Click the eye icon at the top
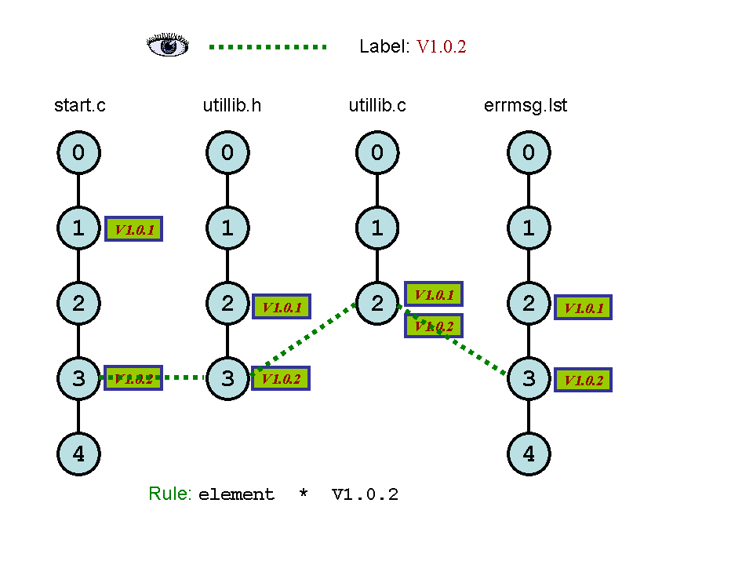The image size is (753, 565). [168, 46]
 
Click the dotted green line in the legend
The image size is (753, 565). [267, 47]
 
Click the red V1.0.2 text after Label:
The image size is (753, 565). [441, 47]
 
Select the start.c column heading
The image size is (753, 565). [79, 105]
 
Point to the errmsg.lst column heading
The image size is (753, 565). [526, 105]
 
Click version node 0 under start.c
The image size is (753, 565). [78, 152]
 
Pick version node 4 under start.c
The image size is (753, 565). [78, 454]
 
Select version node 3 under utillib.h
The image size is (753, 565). [227, 378]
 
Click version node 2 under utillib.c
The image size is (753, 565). [377, 303]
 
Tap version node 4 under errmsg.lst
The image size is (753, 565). [529, 454]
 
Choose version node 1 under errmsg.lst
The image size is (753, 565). [529, 228]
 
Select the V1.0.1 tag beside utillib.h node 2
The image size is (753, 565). [282, 306]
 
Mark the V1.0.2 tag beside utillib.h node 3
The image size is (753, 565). [282, 378]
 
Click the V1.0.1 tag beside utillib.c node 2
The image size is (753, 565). [434, 294]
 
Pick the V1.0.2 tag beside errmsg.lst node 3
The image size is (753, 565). [583, 380]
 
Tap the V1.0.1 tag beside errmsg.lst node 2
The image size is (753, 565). [583, 307]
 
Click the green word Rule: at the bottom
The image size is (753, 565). [170, 494]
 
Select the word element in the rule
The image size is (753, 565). [236, 495]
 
